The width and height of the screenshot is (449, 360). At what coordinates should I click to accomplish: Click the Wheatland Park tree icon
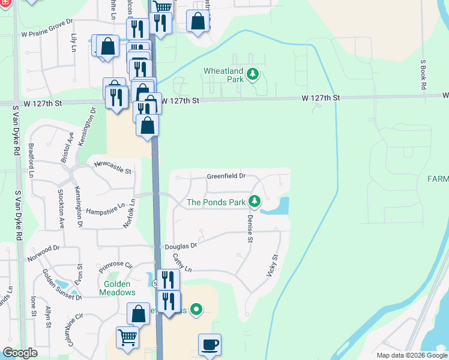[x=253, y=74]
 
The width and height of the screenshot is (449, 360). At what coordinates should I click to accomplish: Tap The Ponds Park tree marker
[x=255, y=202]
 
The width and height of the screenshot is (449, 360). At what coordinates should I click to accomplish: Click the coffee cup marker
[x=209, y=345]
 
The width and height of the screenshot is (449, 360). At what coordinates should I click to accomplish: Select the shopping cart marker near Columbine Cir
[x=127, y=338]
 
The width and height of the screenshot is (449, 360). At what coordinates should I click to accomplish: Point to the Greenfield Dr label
[x=227, y=176]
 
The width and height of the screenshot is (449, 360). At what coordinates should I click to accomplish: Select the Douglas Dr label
[x=184, y=246]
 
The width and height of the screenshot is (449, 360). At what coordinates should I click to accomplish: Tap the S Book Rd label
[x=423, y=74]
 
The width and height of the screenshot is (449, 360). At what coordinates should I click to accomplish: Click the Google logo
[x=20, y=353]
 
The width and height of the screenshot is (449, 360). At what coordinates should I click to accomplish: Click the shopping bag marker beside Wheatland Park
[x=197, y=22]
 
